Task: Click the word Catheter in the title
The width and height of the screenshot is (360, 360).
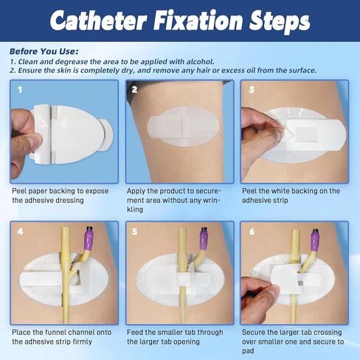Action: pos(99,21)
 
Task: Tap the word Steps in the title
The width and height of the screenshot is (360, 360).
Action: pos(280,22)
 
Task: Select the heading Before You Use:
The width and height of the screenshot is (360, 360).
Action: pos(44,52)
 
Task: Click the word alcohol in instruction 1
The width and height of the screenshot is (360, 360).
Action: pos(200,61)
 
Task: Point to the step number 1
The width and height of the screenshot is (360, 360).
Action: pos(20,89)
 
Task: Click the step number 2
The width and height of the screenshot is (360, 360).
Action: pos(134,89)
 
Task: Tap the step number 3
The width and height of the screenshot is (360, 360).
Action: pos(252,89)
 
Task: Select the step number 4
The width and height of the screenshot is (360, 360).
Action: pos(20,232)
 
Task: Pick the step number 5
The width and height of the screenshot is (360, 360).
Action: pos(134,232)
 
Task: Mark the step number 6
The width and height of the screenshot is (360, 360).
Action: pos(252,232)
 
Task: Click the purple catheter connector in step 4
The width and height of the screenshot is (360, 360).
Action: pos(89,238)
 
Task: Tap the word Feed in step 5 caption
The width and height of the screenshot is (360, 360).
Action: pos(135,333)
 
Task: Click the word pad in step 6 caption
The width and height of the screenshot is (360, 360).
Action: pos(248,351)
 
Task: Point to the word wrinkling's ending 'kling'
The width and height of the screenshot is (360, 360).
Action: pos(135,210)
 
